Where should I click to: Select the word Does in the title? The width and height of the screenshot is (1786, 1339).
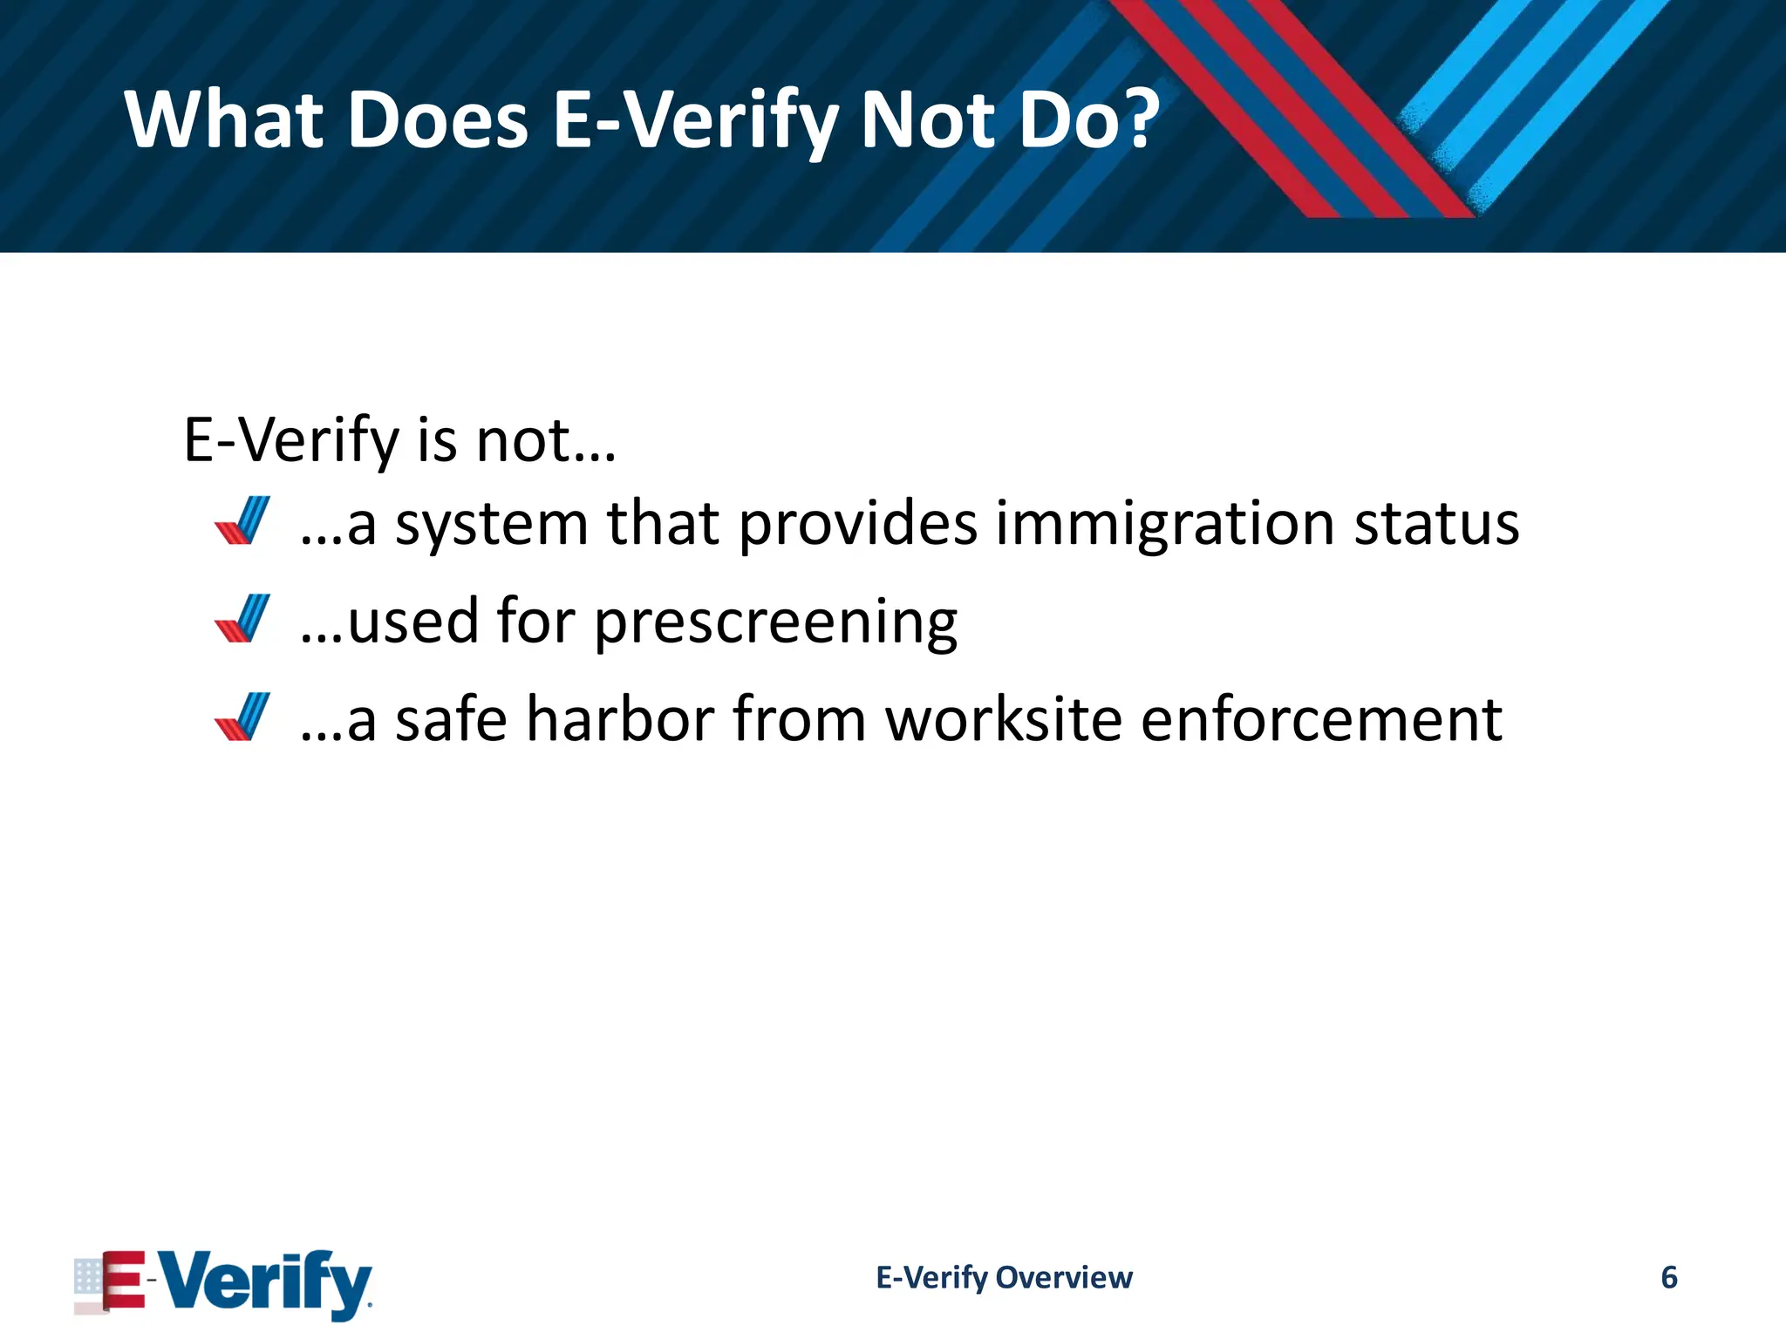[x=438, y=119]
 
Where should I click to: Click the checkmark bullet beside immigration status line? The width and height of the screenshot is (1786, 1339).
[x=242, y=521]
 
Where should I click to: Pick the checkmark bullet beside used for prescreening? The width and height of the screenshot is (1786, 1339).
[x=242, y=619]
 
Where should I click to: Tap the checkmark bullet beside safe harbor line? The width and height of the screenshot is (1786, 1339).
[x=242, y=717]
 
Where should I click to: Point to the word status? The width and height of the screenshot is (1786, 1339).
[x=1436, y=525]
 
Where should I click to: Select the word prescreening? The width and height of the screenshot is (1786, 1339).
[x=776, y=622]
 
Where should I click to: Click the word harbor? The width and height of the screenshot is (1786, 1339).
[x=620, y=720]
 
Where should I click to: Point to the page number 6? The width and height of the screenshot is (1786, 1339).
[x=1668, y=1278]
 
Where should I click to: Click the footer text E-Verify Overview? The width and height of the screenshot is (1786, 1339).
[x=1004, y=1278]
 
